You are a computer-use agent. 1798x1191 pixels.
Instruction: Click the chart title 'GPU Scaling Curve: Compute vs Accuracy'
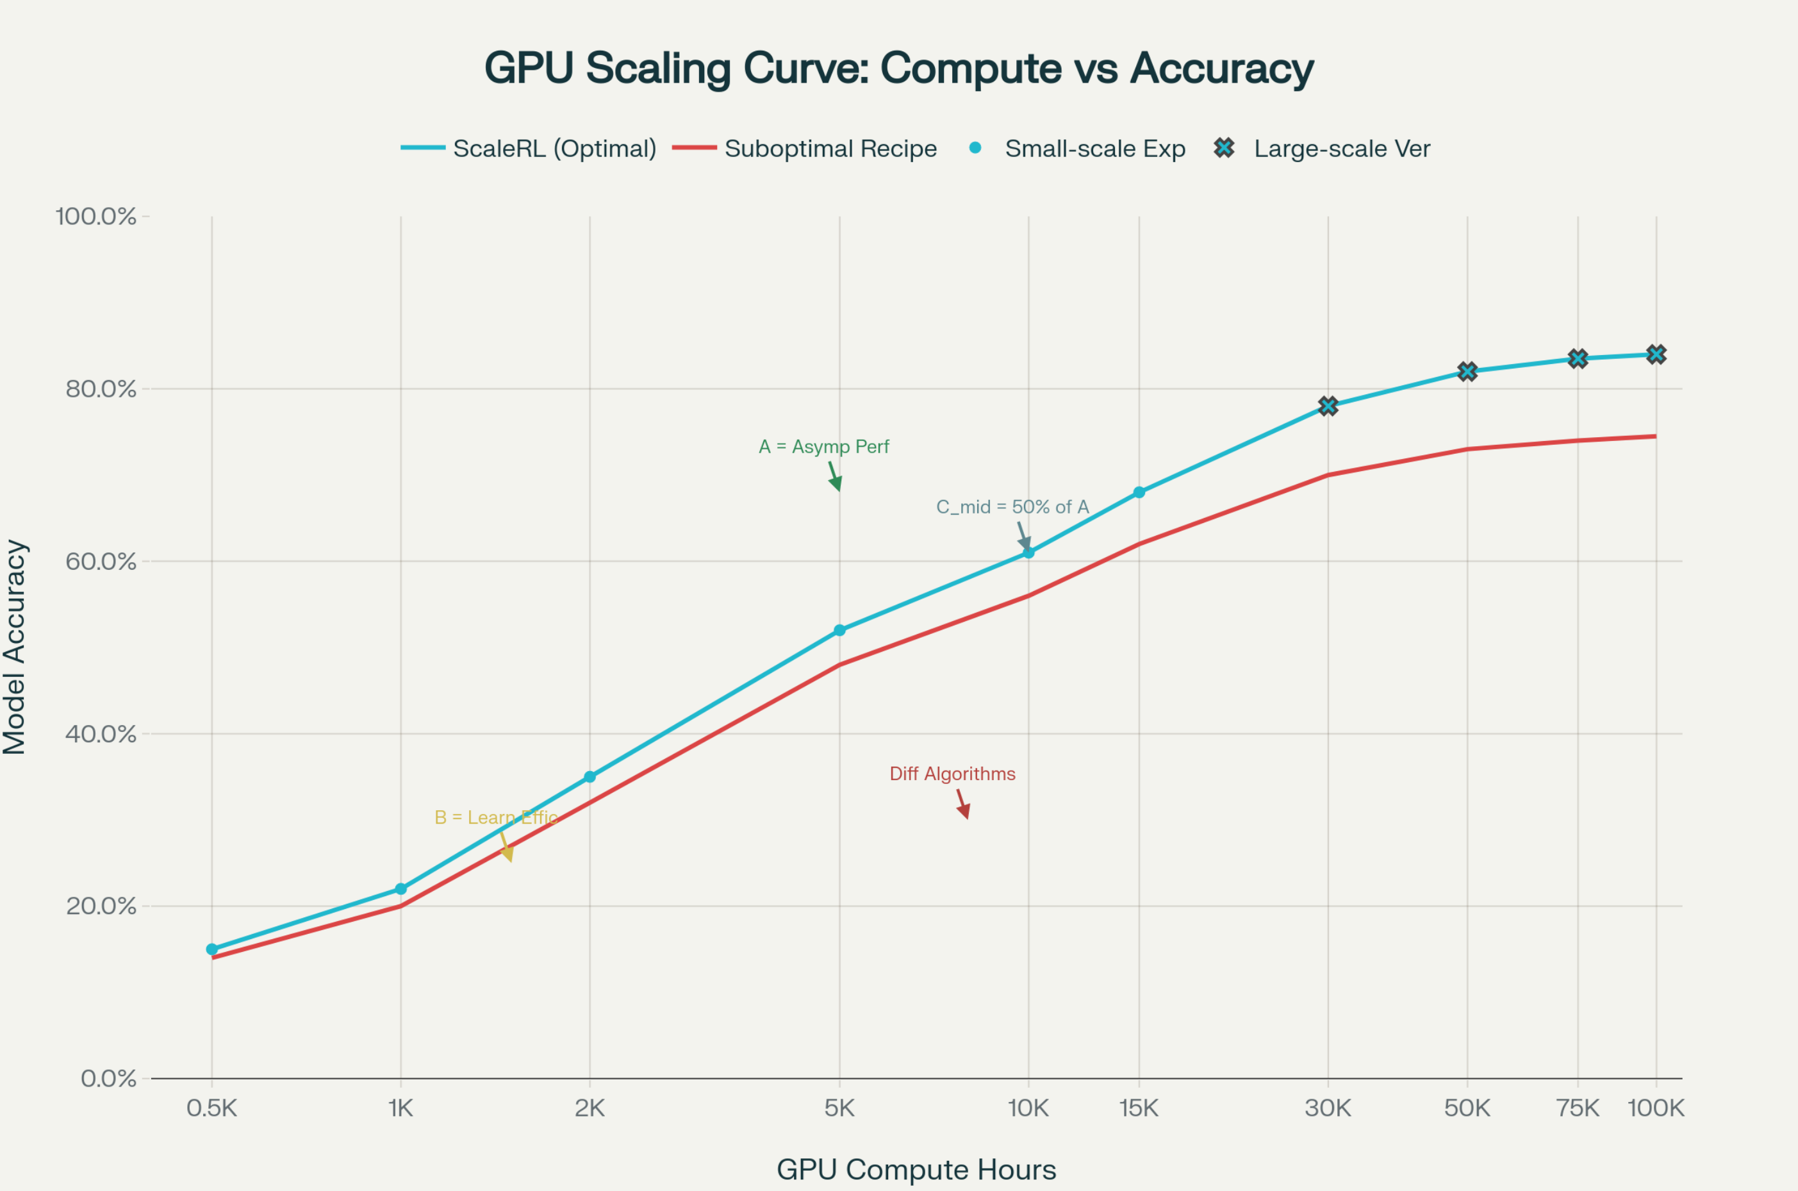899,69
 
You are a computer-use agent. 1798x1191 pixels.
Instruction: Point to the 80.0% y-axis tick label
101,389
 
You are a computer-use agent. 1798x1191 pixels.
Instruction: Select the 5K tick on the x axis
839,1109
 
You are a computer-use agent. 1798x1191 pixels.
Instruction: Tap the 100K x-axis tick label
1656,1109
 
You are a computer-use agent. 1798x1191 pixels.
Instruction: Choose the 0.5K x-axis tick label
212,1109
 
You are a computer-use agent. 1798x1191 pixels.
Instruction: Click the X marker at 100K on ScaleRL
1656,354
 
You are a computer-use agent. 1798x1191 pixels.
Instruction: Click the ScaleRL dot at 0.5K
212,949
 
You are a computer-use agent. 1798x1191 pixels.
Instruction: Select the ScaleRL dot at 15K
1139,492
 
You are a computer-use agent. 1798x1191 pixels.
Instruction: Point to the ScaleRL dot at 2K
590,776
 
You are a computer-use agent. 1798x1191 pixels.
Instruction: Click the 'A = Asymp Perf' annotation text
824,447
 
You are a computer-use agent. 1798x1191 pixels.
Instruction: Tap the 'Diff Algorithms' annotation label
952,774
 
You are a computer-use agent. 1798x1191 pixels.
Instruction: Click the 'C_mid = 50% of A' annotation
1012,506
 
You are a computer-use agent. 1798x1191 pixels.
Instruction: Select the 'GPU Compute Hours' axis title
916,1170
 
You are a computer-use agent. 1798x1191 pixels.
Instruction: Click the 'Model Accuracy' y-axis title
15,647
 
